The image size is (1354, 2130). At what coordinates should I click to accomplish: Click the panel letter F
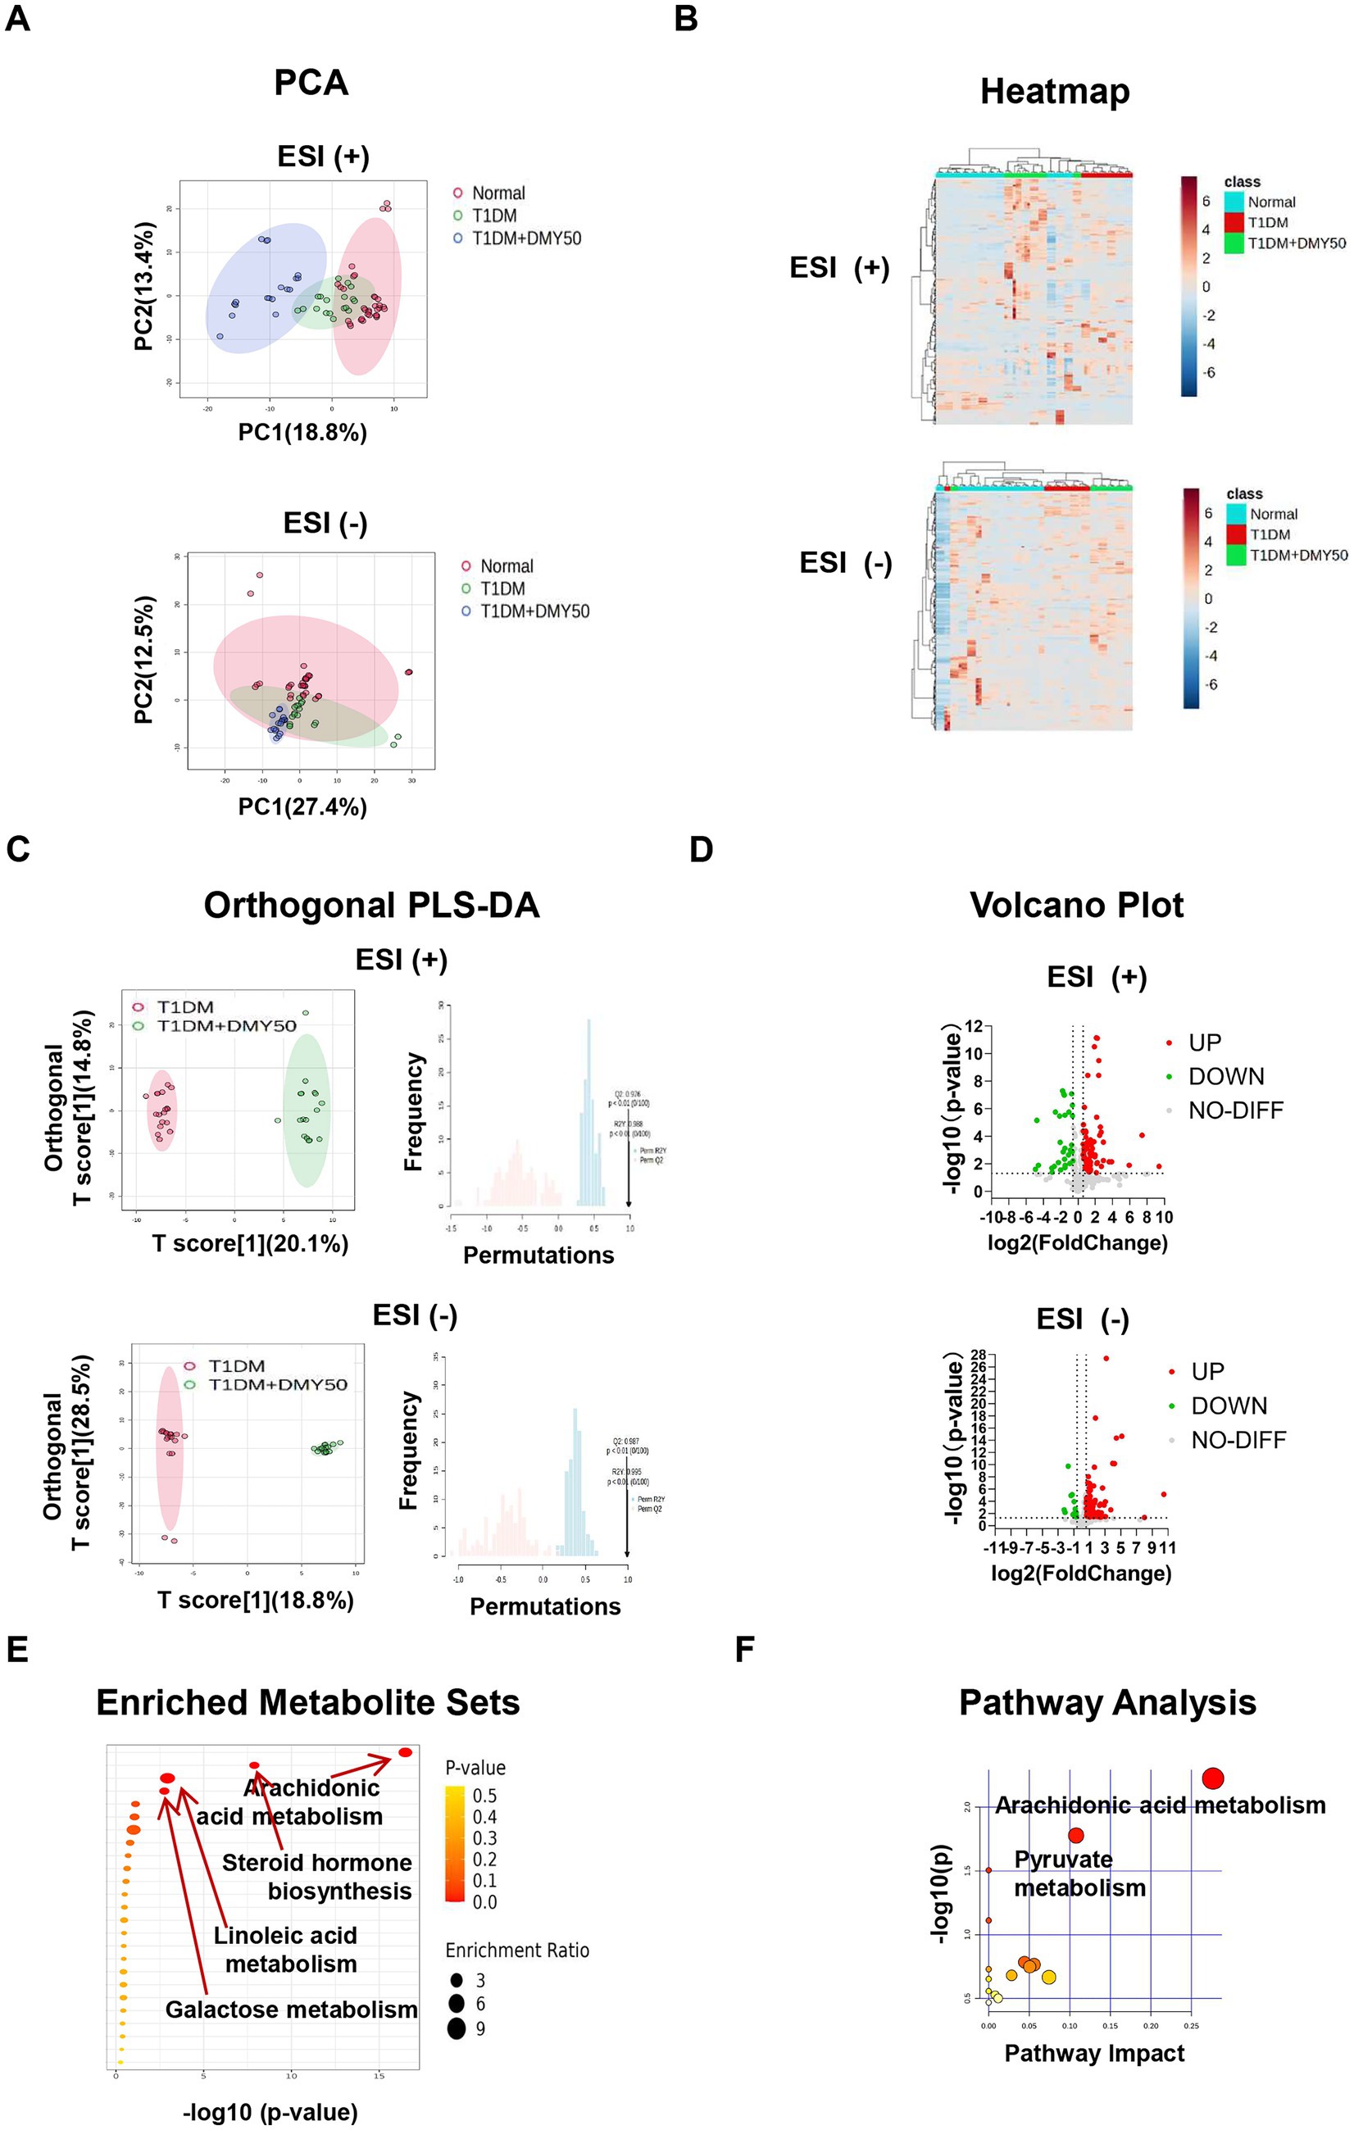click(x=746, y=1650)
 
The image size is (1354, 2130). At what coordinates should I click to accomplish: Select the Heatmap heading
click(x=1054, y=91)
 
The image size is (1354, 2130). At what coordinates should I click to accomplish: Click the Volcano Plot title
click(x=1076, y=905)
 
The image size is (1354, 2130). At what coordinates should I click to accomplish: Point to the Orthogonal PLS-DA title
click(x=371, y=906)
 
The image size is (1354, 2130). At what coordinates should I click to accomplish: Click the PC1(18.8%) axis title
click(x=302, y=433)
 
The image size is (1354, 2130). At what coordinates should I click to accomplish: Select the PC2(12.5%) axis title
click(x=145, y=659)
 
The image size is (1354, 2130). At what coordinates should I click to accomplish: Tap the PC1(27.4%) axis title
click(x=302, y=806)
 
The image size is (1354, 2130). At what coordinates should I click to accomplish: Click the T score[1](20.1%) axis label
click(x=250, y=1244)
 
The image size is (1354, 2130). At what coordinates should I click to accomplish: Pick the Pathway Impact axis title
click(x=1094, y=2053)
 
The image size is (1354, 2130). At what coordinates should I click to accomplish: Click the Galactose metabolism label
click(x=291, y=2010)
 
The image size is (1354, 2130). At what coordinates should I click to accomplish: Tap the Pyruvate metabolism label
click(x=1079, y=1873)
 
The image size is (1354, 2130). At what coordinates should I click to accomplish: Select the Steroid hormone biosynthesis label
click(x=316, y=1877)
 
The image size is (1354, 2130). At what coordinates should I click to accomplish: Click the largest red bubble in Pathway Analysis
click(x=1212, y=1778)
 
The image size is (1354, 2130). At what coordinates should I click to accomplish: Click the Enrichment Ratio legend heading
click(x=516, y=1951)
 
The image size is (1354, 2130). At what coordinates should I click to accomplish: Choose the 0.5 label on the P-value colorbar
click(x=484, y=1796)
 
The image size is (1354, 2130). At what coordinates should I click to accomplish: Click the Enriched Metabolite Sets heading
click(x=308, y=1703)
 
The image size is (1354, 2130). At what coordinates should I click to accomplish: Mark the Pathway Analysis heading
click(x=1107, y=1703)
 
